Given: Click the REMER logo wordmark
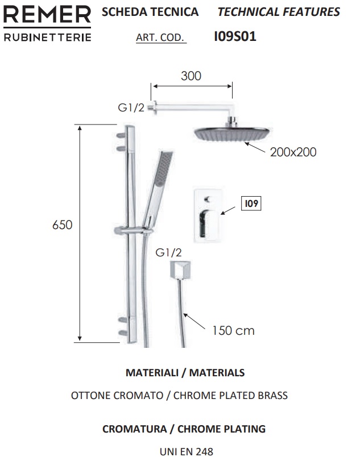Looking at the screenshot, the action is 47,15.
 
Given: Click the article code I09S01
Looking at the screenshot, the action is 235,36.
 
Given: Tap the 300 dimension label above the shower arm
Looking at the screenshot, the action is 191,76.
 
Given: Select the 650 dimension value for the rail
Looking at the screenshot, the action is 62,225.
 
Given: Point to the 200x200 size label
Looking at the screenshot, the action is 293,152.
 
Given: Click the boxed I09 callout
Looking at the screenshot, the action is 251,203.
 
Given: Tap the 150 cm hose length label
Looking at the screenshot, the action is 233,330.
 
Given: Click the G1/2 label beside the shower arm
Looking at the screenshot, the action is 131,107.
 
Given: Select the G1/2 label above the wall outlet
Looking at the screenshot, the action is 168,252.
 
